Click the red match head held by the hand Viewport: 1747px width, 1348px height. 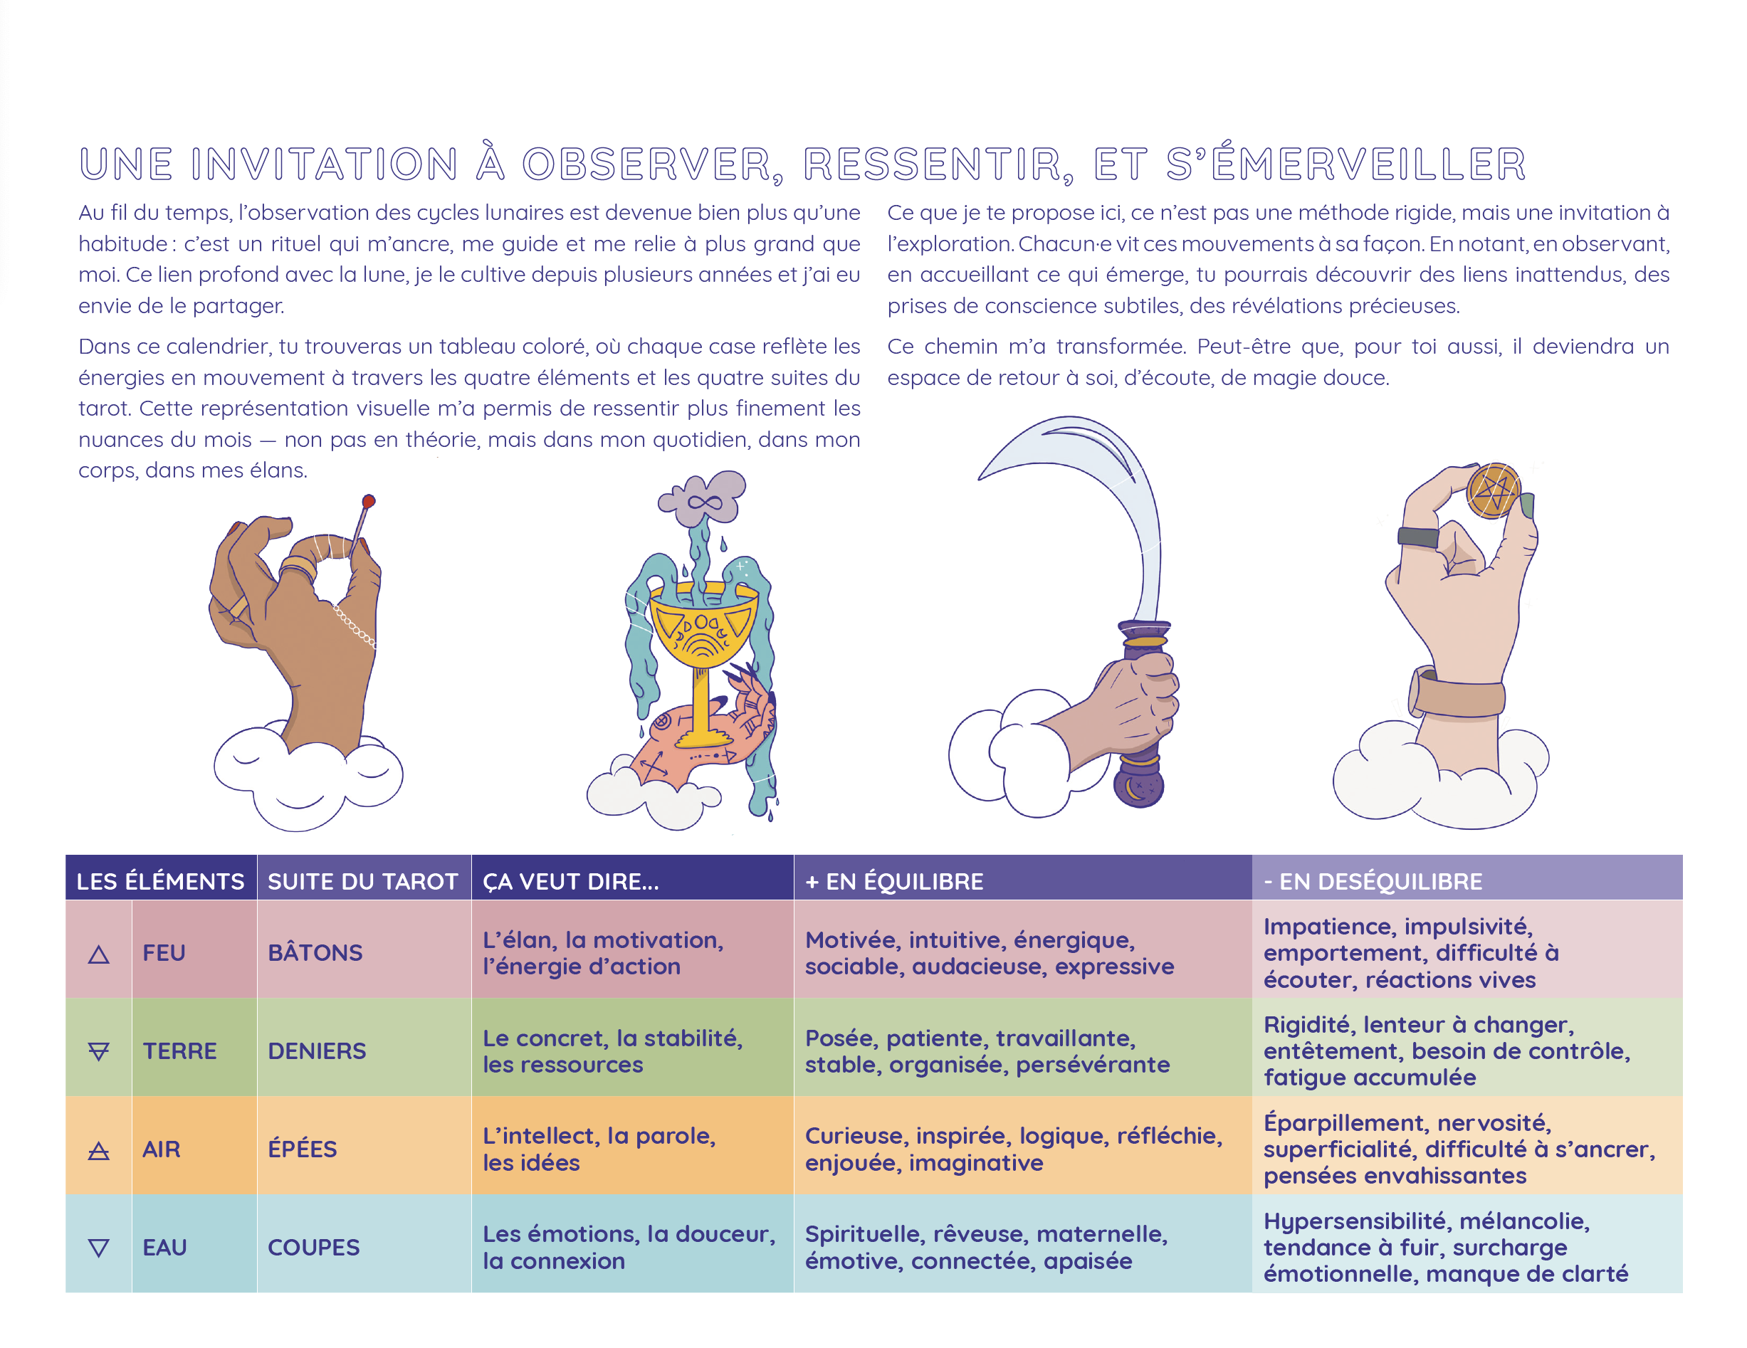click(x=368, y=501)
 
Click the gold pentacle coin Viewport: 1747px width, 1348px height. click(x=1492, y=490)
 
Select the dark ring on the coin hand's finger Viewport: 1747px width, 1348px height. click(x=1417, y=537)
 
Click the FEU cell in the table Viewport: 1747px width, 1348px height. click(x=164, y=952)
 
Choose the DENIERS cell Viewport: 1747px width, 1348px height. click(x=317, y=1051)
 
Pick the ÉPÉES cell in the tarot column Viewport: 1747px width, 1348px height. click(x=303, y=1149)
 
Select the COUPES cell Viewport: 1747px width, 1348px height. click(x=313, y=1247)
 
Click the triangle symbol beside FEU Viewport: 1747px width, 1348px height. click(x=98, y=954)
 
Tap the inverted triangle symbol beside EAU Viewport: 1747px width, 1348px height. click(x=98, y=1247)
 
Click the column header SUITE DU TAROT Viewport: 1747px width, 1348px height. click(x=362, y=881)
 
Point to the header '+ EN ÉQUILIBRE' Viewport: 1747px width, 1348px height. click(x=893, y=881)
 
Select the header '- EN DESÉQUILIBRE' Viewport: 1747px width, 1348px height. click(x=1372, y=881)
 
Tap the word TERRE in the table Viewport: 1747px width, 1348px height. click(x=179, y=1051)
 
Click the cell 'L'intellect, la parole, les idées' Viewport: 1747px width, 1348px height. click(x=599, y=1149)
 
